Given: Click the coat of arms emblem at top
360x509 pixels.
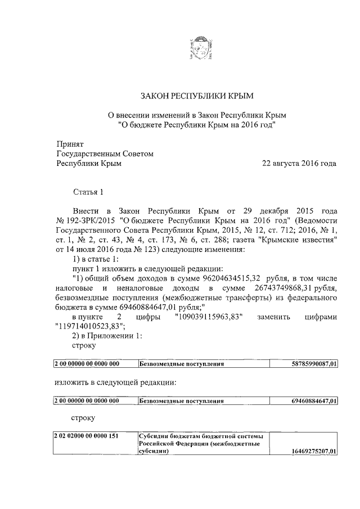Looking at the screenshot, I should click(200, 51).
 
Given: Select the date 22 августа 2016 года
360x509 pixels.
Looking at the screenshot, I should click(299, 164).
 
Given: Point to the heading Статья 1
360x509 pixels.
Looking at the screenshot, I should click(88, 193).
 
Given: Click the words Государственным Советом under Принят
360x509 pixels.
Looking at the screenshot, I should click(105, 154).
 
